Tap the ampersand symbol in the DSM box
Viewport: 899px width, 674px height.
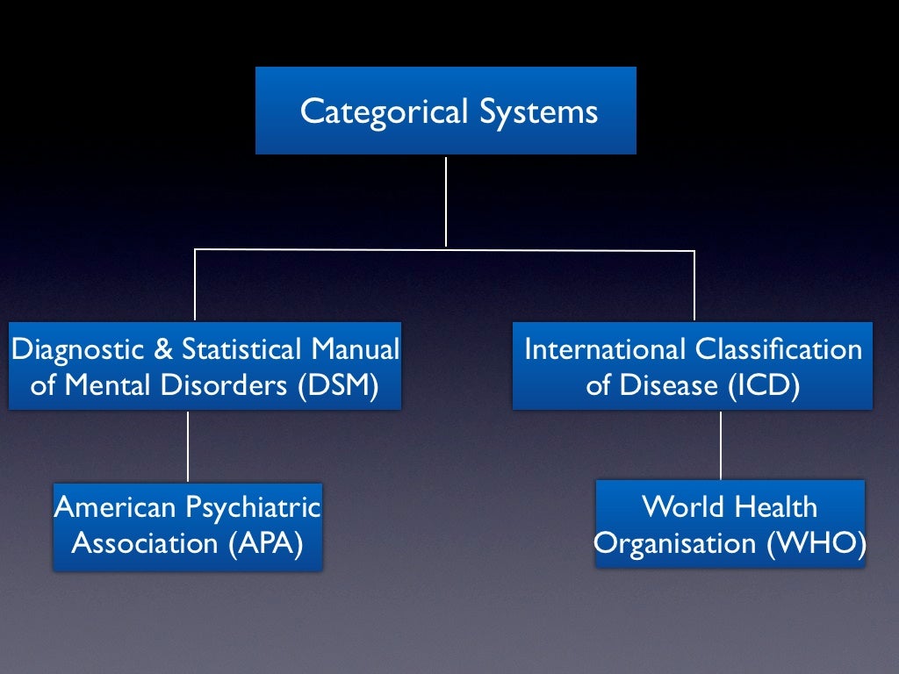tap(163, 349)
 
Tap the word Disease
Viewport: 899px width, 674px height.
tap(666, 386)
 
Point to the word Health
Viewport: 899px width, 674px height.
tap(776, 506)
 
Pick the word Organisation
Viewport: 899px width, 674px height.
tap(675, 543)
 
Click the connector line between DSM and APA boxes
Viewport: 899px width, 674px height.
tap(188, 446)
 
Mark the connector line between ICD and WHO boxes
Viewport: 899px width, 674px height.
tap(721, 444)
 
